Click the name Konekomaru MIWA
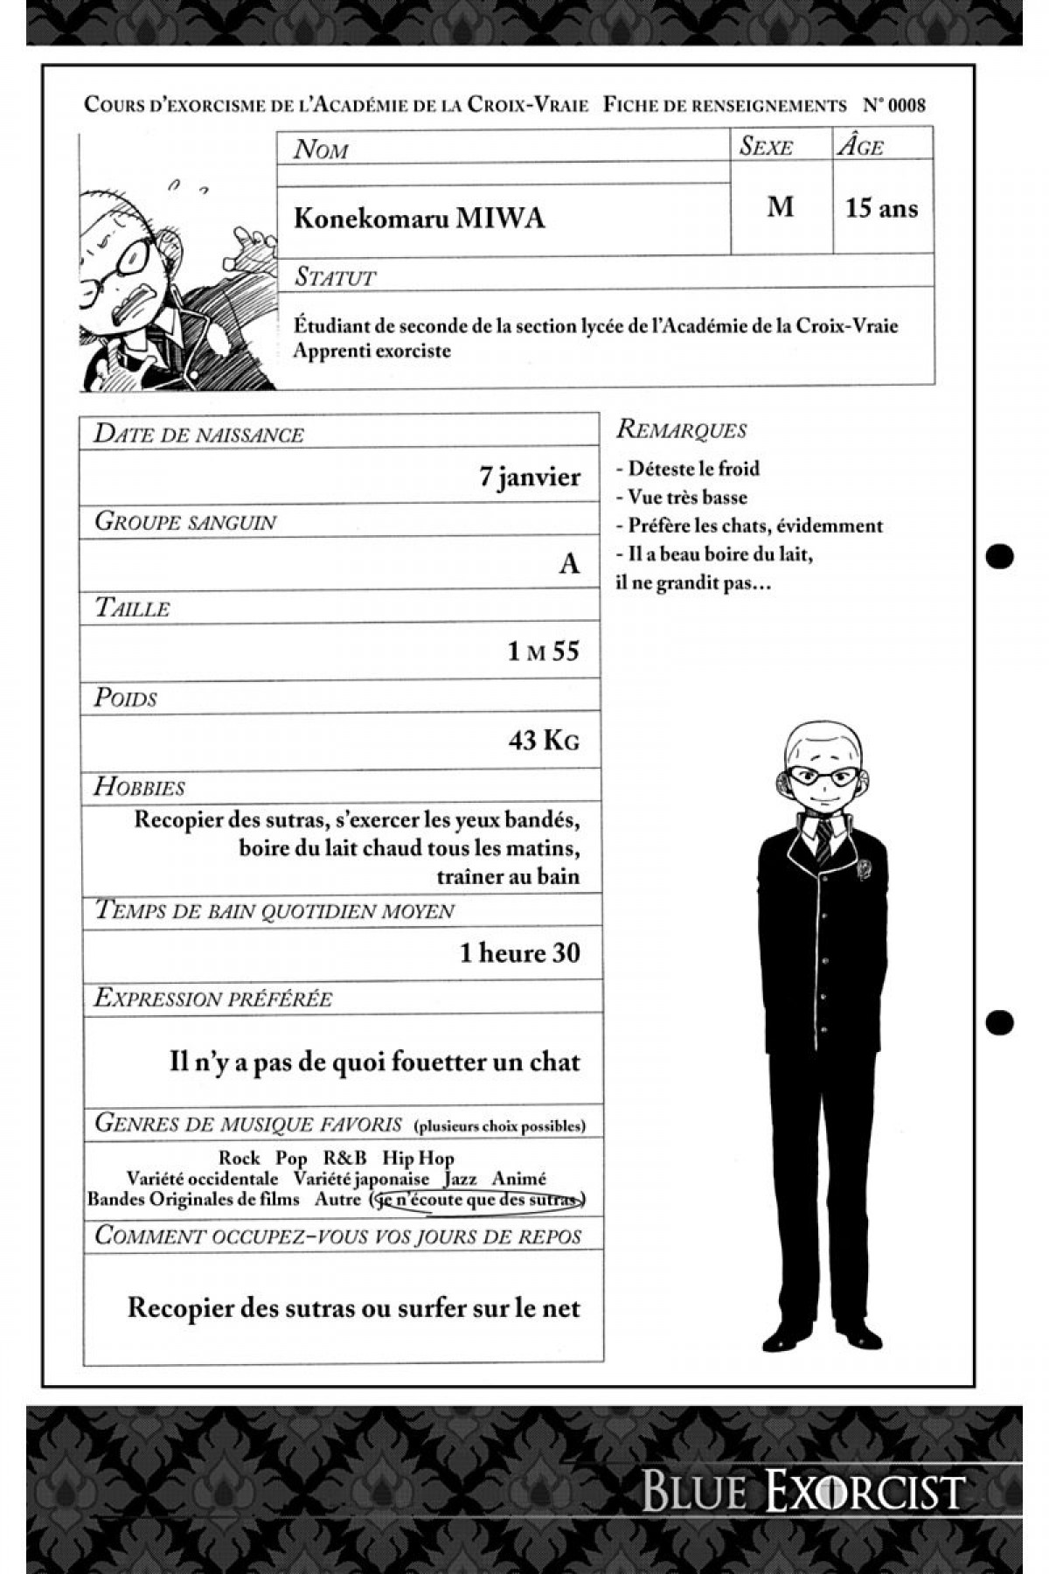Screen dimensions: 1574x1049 tap(419, 217)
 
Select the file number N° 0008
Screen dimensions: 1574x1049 tap(893, 106)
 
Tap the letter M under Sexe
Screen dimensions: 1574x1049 tap(780, 207)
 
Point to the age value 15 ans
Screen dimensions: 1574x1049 tap(881, 208)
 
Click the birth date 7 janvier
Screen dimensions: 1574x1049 tap(530, 477)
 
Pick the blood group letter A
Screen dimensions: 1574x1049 tap(569, 564)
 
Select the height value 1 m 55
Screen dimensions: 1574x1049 tap(543, 651)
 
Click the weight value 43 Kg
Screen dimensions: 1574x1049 tap(544, 741)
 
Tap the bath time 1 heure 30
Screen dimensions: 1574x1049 tap(520, 953)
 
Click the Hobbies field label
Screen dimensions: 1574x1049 tap(140, 786)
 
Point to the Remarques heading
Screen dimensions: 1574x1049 tap(682, 429)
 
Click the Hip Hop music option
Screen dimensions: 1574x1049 tap(418, 1158)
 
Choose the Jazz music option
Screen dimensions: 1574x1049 tap(460, 1179)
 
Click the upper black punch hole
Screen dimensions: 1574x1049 tap(999, 555)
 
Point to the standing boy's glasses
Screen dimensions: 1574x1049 tap(821, 777)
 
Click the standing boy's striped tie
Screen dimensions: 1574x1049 tap(823, 840)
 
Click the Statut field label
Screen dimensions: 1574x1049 tap(336, 277)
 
